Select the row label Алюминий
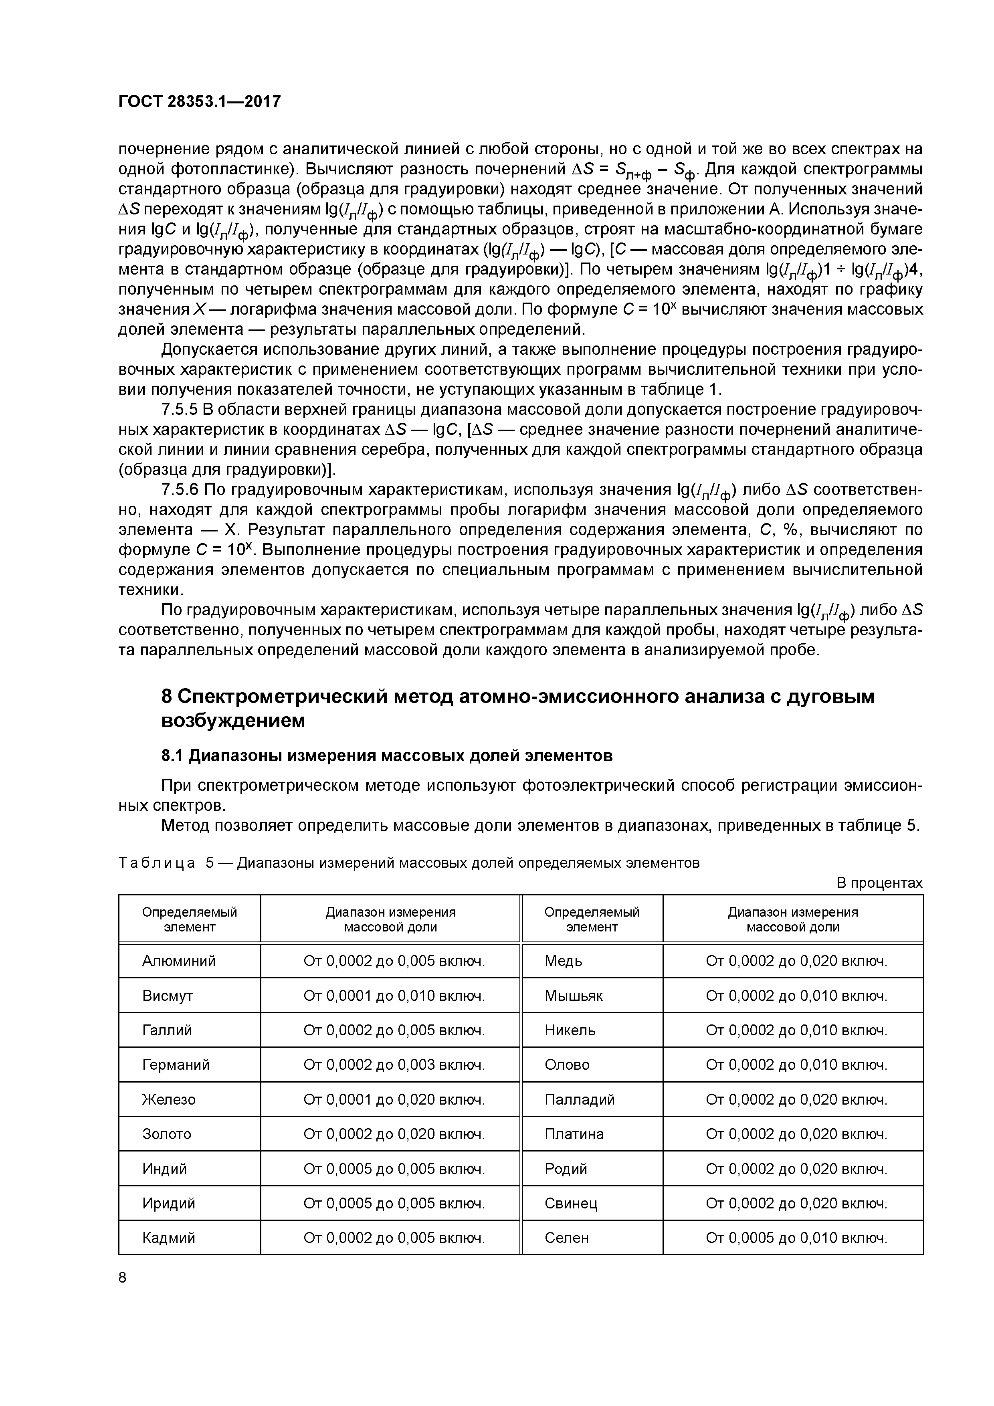tap(179, 961)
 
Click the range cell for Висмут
tap(394, 996)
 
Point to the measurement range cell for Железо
tap(394, 1099)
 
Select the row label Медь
tap(564, 961)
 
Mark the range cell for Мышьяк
tap(796, 996)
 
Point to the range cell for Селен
tap(796, 1238)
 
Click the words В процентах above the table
tap(879, 883)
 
